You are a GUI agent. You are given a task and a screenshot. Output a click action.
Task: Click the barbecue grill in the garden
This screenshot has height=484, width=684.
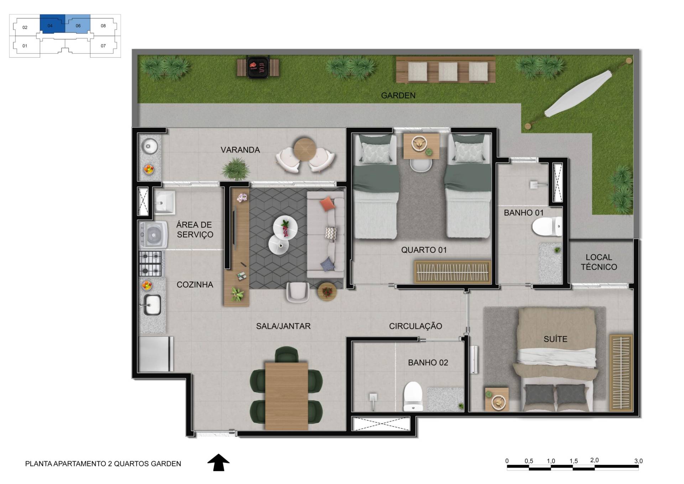click(x=258, y=67)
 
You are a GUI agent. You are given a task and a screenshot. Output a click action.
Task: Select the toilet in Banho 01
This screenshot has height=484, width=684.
click(x=547, y=227)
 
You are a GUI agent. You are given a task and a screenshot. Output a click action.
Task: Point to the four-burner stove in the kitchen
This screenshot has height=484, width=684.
click(x=151, y=264)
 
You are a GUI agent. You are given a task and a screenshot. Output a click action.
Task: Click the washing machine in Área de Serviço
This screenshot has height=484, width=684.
click(x=153, y=235)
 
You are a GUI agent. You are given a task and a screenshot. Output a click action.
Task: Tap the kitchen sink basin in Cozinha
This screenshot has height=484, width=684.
click(x=152, y=305)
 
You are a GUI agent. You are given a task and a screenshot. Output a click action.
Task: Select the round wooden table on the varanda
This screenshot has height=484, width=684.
click(x=305, y=149)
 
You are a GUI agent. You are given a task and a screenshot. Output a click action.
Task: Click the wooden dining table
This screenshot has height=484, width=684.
click(x=286, y=396)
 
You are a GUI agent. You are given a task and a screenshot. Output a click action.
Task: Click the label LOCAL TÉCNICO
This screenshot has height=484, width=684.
click(x=599, y=262)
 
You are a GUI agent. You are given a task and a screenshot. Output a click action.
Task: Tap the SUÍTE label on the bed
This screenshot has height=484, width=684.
click(x=555, y=339)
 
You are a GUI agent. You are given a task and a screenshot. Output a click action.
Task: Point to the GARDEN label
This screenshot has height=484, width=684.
click(x=398, y=95)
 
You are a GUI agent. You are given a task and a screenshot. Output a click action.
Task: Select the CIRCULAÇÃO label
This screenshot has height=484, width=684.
click(x=416, y=326)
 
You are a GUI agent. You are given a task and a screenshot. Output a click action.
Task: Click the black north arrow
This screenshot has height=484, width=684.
click(x=219, y=462)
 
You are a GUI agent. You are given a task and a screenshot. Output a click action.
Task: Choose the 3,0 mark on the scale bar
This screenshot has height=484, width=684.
click(x=638, y=461)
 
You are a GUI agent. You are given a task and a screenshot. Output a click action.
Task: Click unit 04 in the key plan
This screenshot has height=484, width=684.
click(x=52, y=24)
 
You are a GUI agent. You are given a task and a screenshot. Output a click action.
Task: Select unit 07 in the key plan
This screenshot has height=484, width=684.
click(x=103, y=46)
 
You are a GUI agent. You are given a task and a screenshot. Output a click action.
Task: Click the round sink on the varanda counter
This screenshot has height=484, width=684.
click(x=150, y=146)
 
